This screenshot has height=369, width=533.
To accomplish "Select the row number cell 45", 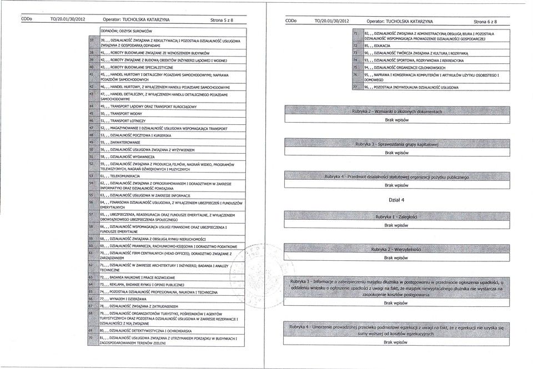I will pyautogui.click(x=92, y=112).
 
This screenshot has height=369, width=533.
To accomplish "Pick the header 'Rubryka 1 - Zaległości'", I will pyautogui.click(x=396, y=217).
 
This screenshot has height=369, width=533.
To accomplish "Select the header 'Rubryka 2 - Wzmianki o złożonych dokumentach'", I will pyautogui.click(x=396, y=111).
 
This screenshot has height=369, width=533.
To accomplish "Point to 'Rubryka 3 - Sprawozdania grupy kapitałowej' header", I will pyautogui.click(x=396, y=144).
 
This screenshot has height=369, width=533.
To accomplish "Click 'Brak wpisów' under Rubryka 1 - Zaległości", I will pyautogui.click(x=396, y=226).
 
